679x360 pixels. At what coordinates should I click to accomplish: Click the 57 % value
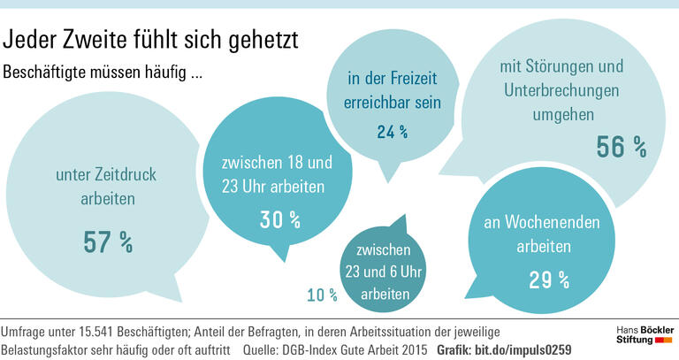tap(108, 240)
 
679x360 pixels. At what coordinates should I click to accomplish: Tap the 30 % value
tap(280, 219)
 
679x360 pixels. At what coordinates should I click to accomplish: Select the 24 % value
tap(392, 133)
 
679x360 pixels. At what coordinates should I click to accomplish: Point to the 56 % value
tap(622, 147)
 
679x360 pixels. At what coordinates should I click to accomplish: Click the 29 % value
tap(549, 280)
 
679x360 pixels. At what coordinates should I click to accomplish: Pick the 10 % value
tap(322, 294)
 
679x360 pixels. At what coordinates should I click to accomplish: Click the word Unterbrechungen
tap(562, 90)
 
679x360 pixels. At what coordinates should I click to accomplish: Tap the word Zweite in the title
tap(97, 40)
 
